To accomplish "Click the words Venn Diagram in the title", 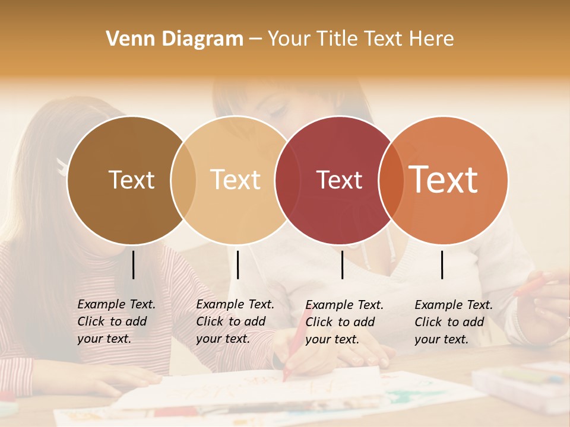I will (175, 39).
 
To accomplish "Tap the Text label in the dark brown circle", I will (131, 180).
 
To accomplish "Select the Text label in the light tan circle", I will (236, 180).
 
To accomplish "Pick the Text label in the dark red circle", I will (339, 180).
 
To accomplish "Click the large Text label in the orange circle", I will (444, 179).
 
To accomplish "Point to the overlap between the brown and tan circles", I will (183, 180).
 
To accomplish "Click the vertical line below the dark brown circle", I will (133, 265).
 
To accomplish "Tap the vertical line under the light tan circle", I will (237, 265).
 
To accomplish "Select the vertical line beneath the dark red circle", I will (342, 265).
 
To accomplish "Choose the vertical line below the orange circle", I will (442, 265).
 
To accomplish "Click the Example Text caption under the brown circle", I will (116, 321).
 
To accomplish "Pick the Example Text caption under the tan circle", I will (235, 321).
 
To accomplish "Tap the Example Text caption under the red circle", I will (344, 322).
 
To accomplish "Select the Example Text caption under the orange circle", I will (453, 322).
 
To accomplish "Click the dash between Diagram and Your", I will (255, 39).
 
